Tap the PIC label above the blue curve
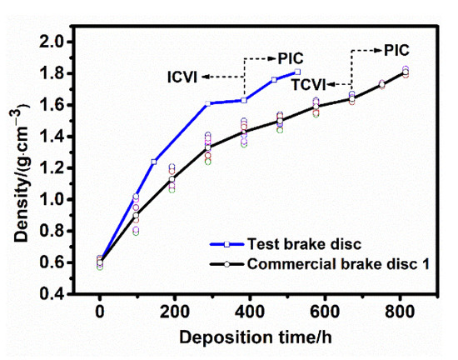tap(291, 57)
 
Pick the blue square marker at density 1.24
tap(154, 162)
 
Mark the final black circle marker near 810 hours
tap(406, 73)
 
